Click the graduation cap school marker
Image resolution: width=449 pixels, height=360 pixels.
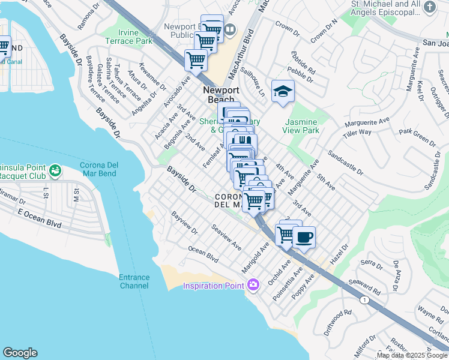[283, 91]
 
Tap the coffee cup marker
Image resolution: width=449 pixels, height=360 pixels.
[304, 236]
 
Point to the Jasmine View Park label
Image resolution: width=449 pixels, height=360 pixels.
[303, 125]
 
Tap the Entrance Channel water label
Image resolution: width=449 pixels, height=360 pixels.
[133, 281]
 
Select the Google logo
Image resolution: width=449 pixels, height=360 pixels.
[20, 353]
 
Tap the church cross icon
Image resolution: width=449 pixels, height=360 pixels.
[429, 7]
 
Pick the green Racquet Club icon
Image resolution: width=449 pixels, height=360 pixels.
[55, 171]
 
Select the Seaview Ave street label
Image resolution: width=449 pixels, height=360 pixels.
[226, 238]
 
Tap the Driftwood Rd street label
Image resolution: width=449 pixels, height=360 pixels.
[339, 317]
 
